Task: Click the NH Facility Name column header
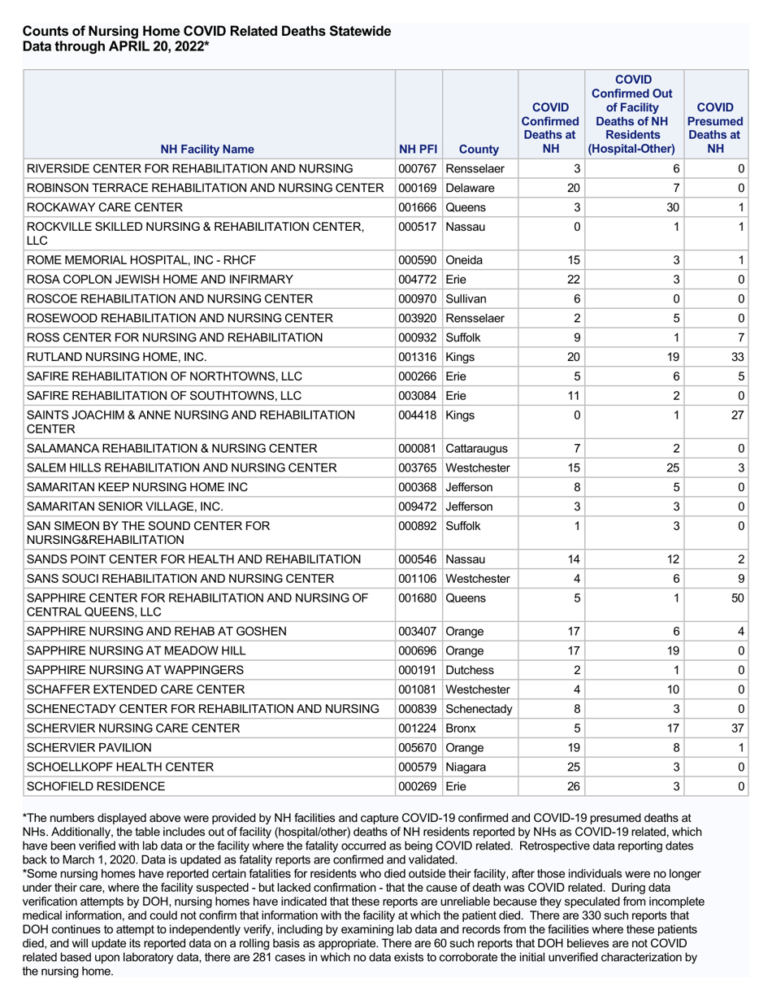click(x=206, y=149)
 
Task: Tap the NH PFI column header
click(x=418, y=149)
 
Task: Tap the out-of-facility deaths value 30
click(x=672, y=207)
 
